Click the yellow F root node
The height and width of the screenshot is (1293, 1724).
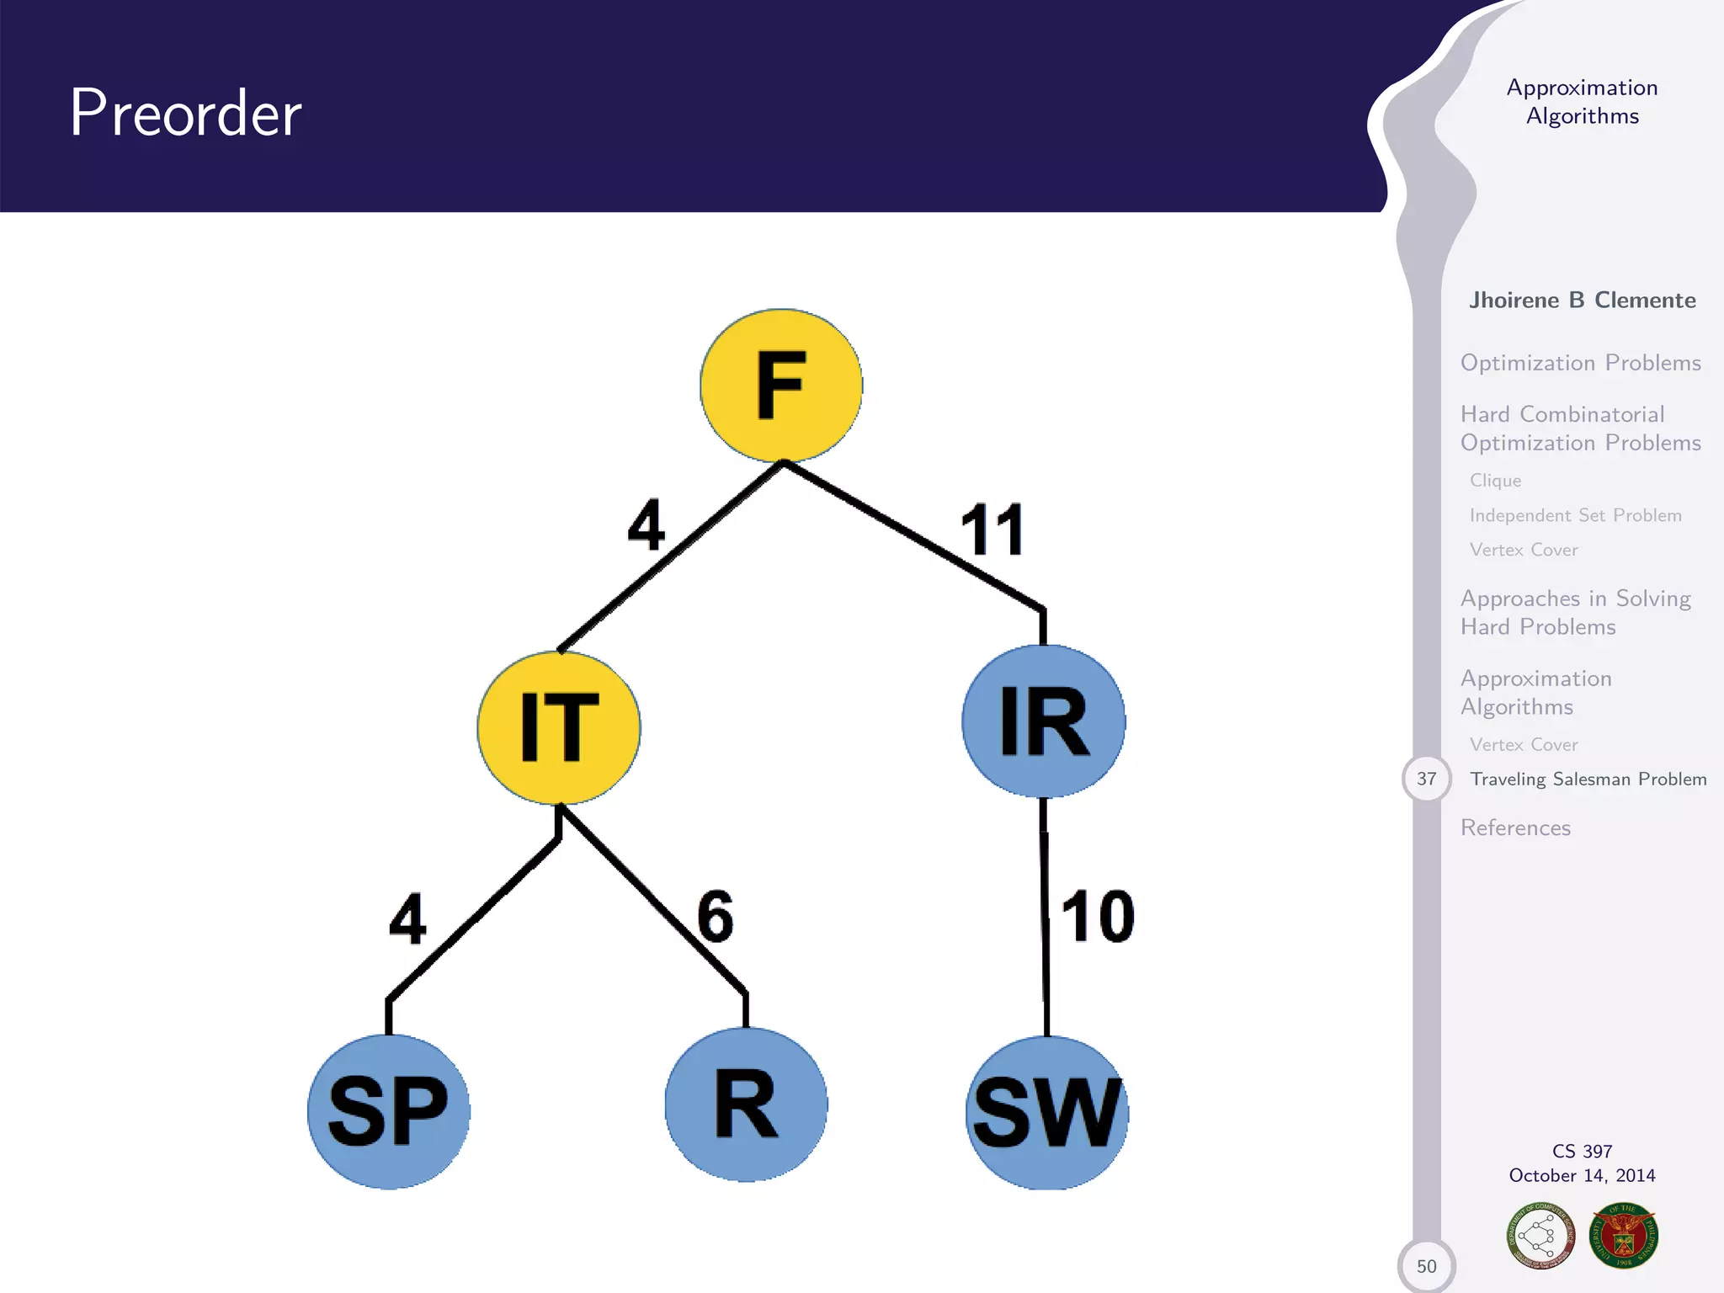coord(781,386)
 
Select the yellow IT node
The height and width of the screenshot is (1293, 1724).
coord(559,727)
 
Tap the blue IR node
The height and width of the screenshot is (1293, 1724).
coord(1044,721)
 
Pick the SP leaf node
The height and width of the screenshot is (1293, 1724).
coord(389,1111)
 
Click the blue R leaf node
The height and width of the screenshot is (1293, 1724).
coord(746,1104)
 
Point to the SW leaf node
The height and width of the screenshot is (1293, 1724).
coord(1047,1113)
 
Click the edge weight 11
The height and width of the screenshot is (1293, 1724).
coord(992,529)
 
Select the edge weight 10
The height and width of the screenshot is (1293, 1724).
coord(1097,916)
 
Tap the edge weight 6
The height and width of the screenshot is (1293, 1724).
coord(716,916)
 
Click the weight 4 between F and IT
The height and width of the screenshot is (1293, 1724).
coord(646,525)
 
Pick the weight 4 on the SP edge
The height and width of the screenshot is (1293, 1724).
coord(407,919)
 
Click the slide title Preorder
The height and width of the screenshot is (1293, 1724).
coord(186,113)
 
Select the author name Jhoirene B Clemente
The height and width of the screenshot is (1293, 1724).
coord(1582,301)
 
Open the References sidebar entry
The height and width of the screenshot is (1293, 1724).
coord(1515,827)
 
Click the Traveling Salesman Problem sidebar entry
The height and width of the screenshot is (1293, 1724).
coord(1588,779)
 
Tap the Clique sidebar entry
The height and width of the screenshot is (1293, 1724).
coord(1495,480)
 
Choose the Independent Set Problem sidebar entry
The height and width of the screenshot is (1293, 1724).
coord(1575,515)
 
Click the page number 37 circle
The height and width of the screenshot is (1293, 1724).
coord(1426,779)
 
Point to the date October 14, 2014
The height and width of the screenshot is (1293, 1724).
coord(1582,1175)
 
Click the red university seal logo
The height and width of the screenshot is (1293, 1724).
coord(1623,1236)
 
